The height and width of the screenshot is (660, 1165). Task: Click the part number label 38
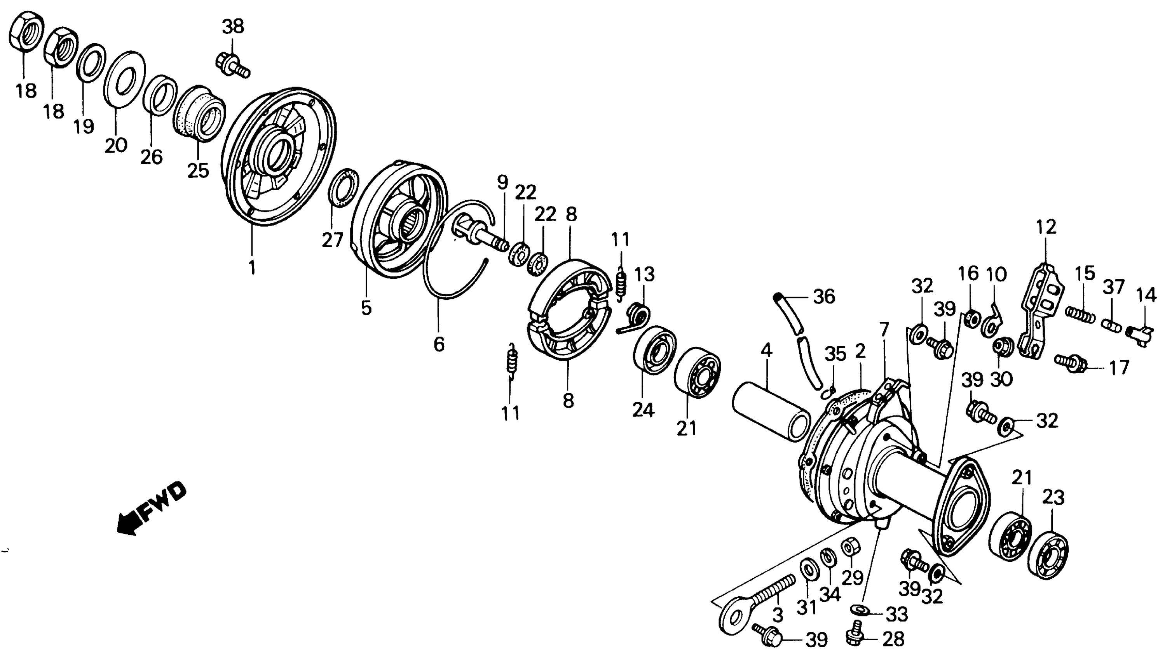pos(233,27)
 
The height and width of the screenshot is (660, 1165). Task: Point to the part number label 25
pos(198,171)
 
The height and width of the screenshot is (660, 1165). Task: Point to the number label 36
pos(824,297)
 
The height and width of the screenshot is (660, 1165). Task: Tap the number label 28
pos(893,639)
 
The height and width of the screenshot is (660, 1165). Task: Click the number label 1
pos(252,267)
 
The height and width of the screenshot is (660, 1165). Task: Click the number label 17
pos(1119,368)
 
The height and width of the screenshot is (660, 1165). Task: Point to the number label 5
pos(366,308)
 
